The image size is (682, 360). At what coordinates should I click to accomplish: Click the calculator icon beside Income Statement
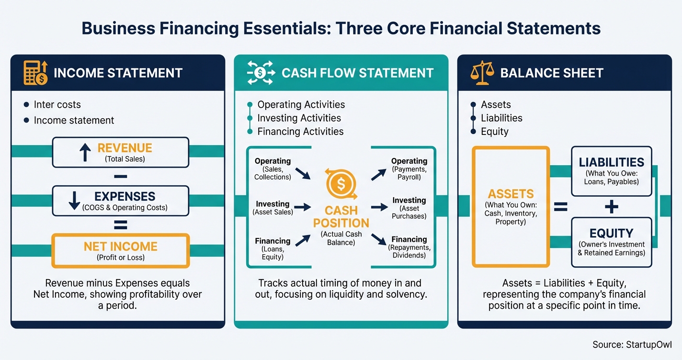point(35,73)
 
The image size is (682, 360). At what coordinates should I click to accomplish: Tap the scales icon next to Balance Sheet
point(482,73)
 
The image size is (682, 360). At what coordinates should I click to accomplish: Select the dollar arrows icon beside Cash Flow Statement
point(261,73)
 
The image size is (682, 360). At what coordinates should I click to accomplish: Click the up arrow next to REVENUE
point(85,152)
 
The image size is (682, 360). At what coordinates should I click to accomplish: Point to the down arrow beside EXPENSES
point(74,201)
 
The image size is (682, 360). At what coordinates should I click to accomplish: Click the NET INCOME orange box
point(120,250)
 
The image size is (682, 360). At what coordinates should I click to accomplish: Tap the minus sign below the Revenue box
point(121,177)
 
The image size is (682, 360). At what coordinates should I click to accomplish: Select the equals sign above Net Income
point(121,224)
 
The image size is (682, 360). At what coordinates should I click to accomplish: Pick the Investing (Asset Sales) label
point(273,208)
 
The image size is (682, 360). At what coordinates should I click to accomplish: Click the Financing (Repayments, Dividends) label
point(409,247)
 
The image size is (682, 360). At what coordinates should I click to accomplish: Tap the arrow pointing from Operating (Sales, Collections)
point(302,173)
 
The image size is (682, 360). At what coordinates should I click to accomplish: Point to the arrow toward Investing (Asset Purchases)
point(379,207)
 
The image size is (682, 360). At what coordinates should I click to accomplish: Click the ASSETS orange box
point(511,206)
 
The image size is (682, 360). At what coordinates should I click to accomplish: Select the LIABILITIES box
point(611,171)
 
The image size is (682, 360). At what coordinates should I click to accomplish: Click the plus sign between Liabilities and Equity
point(611,207)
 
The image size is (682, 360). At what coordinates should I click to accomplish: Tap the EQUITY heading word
point(611,233)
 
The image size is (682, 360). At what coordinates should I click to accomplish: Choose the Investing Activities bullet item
point(299,118)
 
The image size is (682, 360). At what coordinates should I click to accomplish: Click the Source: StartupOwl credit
point(632,344)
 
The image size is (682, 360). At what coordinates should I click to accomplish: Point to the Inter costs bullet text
point(57,104)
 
